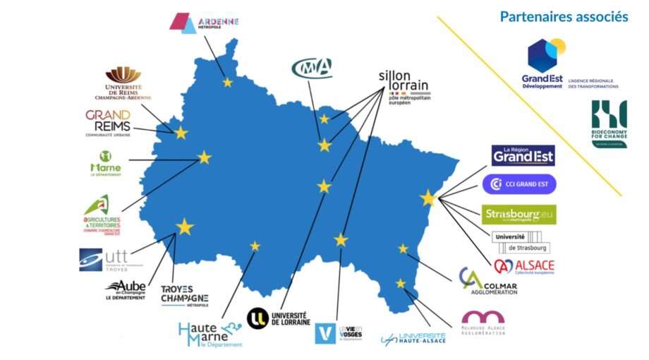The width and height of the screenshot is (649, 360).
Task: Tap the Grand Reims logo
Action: pos(108,121)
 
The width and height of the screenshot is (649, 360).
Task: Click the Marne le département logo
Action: pos(106,163)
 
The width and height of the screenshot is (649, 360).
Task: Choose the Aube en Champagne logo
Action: pos(126,289)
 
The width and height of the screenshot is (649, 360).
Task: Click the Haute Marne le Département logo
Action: pos(210,334)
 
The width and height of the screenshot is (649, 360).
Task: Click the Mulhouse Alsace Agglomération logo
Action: pos(483,323)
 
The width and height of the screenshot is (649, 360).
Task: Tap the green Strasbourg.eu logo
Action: pos(519,214)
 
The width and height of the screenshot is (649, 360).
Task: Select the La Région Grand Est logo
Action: pos(523,155)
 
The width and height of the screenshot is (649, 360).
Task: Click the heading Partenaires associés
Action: pos(564,16)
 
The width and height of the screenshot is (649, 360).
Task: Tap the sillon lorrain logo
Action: pos(403,85)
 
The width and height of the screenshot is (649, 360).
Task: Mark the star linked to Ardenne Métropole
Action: pos(227,83)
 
